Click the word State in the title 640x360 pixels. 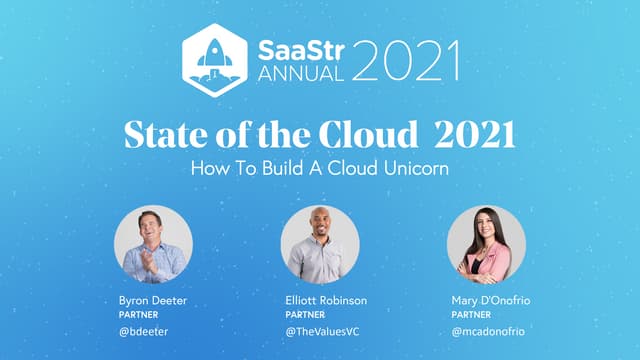pyautogui.click(x=159, y=135)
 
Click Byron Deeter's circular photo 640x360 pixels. pyautogui.click(x=152, y=245)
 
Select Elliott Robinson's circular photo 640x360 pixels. pyautogui.click(x=319, y=245)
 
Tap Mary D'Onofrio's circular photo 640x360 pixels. pyautogui.click(x=486, y=245)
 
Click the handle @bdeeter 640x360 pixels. pyautogui.click(x=141, y=331)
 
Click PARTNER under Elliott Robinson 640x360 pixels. pyautogui.click(x=304, y=314)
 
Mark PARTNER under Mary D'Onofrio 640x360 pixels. pyautogui.click(x=470, y=314)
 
